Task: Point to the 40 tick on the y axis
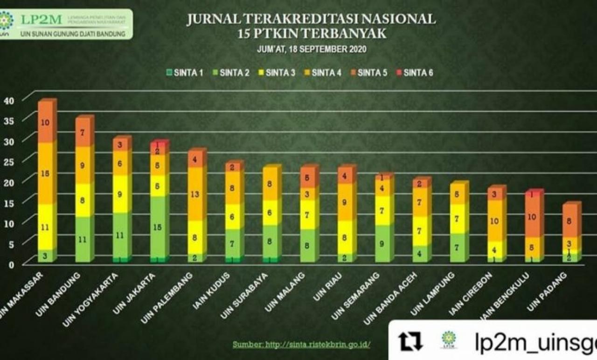pyautogui.click(x=10, y=100)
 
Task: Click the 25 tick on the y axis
pyautogui.click(x=10, y=161)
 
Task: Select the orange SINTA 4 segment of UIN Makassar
pyautogui.click(x=45, y=173)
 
